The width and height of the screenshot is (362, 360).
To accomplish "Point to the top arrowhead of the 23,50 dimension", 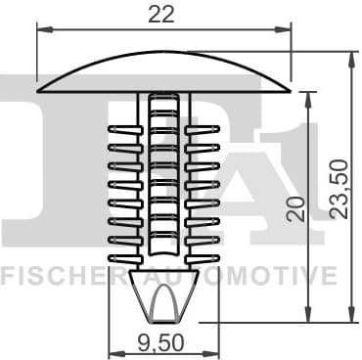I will point(349,57).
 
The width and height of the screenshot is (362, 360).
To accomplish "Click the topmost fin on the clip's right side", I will point(203,129).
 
